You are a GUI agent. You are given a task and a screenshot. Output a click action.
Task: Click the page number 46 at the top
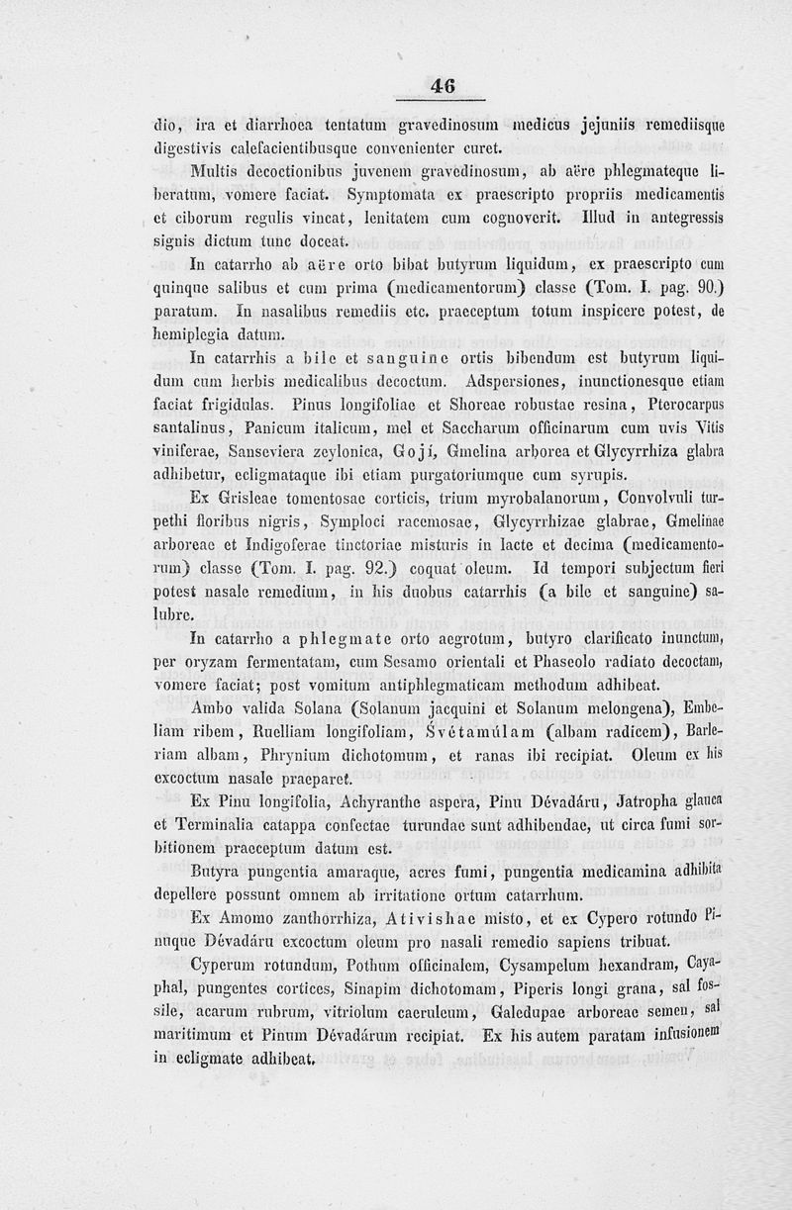(443, 86)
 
